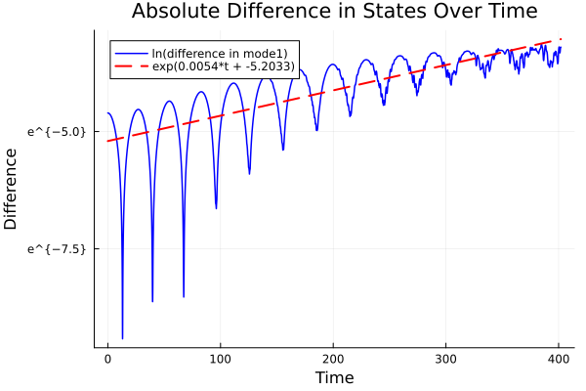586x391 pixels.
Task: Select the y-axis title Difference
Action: pyautogui.click(x=12, y=189)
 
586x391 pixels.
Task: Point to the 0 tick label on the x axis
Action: pyautogui.click(x=107, y=358)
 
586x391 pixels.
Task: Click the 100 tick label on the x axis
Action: pyautogui.click(x=221, y=358)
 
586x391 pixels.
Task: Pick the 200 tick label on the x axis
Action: pyautogui.click(x=334, y=358)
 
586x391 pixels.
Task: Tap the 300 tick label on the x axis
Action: pyautogui.click(x=446, y=358)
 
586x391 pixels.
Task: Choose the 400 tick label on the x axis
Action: pyautogui.click(x=559, y=358)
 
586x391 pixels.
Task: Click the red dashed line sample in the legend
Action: pyautogui.click(x=132, y=65)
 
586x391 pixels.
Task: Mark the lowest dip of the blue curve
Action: pyautogui.click(x=122, y=338)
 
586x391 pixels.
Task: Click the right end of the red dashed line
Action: pyautogui.click(x=560, y=40)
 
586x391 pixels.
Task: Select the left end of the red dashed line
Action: pyautogui.click(x=107, y=141)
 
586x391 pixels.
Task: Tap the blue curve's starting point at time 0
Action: pyautogui.click(x=107, y=113)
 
